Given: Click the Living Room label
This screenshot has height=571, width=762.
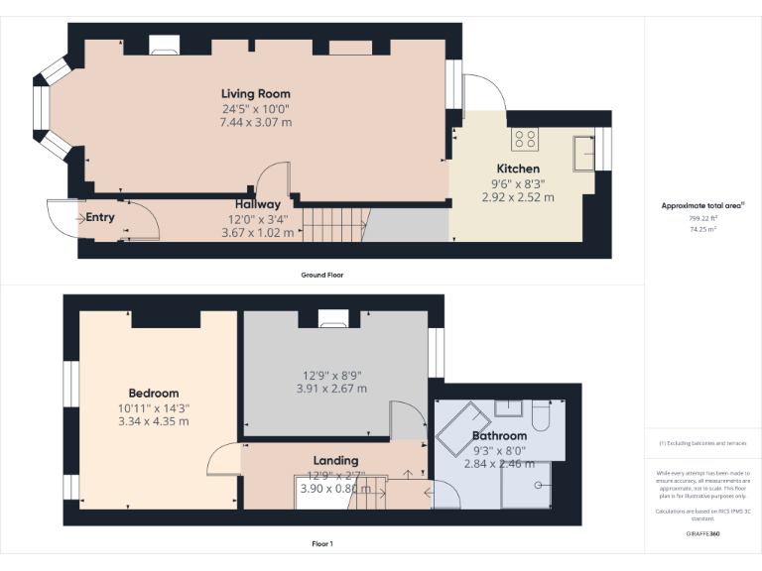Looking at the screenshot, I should (x=256, y=94).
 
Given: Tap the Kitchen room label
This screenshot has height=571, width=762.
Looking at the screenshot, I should (x=518, y=169).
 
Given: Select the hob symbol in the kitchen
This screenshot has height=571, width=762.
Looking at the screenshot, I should (x=525, y=140).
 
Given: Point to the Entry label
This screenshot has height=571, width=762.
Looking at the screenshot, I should (x=100, y=218).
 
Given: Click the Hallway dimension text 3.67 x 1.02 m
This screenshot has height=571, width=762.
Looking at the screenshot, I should (x=257, y=233).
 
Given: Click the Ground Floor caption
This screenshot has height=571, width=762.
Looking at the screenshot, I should (x=322, y=275).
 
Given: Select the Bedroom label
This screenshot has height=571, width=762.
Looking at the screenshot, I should (x=153, y=394).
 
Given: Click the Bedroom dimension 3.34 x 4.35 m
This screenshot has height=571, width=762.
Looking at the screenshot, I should (x=153, y=421).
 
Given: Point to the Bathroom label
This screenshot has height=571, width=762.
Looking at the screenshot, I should (x=499, y=436).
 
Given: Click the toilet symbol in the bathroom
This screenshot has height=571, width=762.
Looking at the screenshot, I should (x=542, y=412).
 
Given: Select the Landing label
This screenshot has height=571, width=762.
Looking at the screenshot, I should (x=335, y=461).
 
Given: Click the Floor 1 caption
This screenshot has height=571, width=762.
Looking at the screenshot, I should (x=322, y=544).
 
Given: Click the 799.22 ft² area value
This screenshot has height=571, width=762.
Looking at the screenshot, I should (x=702, y=218).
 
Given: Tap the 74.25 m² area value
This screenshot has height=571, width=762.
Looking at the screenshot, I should (x=702, y=228).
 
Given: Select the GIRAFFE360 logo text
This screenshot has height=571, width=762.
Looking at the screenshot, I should (x=702, y=533).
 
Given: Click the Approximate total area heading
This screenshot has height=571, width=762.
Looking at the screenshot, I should (x=702, y=206).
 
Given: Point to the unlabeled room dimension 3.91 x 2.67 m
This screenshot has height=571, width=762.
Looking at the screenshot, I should (x=331, y=389).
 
